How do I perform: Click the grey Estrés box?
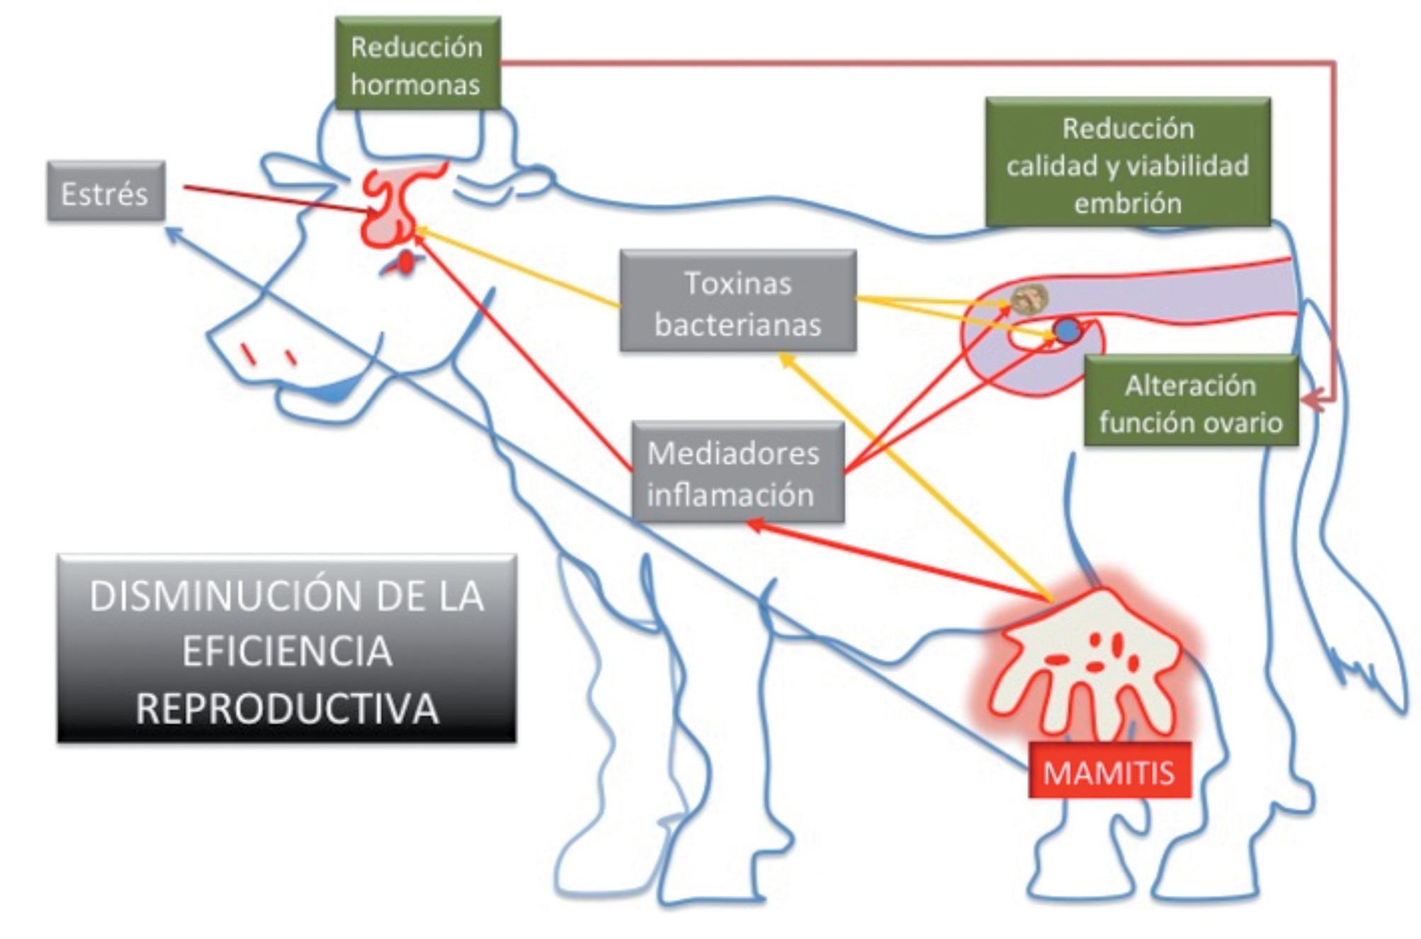[x=106, y=192]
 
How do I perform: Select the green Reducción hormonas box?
[x=417, y=64]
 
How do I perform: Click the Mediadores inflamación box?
[x=737, y=473]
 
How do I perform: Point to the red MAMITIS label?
[x=1109, y=771]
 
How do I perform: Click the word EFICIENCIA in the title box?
[x=287, y=651]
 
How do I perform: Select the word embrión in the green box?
[x=1128, y=203]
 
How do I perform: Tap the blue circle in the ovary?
[x=1067, y=330]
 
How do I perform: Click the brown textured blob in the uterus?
[x=1029, y=298]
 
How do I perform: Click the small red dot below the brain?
[x=405, y=262]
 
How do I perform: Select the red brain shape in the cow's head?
[x=393, y=206]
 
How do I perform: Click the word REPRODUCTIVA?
[x=287, y=708]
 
